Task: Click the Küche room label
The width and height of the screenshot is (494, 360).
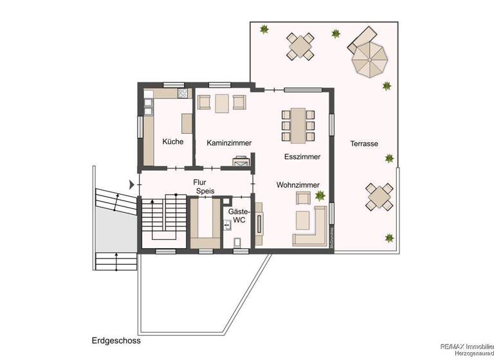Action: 173,141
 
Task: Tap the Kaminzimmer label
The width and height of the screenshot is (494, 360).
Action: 229,143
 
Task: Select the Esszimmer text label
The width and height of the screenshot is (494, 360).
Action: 302,156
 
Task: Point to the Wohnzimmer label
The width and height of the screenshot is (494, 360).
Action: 298,185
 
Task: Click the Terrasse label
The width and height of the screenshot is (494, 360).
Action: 364,143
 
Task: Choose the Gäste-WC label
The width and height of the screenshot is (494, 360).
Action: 239,215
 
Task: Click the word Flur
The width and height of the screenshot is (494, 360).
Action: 199,182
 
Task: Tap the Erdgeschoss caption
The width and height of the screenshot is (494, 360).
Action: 116,341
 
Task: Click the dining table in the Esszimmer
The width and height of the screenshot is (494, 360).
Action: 298,125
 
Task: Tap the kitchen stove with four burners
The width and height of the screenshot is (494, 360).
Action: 183,93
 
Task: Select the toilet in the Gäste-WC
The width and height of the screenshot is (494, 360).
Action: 239,241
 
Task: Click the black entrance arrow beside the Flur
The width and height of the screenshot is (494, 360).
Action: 133,184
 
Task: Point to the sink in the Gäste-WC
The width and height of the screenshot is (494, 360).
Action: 227,226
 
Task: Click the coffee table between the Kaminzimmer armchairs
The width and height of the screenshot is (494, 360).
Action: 223,102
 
